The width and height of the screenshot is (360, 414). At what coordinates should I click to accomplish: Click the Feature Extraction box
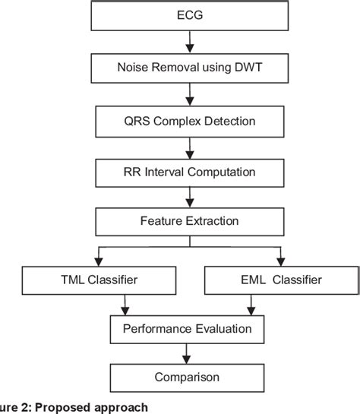coord(189,222)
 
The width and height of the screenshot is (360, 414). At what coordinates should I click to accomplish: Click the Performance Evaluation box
coord(188,329)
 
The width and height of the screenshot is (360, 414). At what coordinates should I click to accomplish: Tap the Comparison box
coord(188,376)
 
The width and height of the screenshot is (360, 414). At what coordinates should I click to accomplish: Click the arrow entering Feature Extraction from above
coord(189,198)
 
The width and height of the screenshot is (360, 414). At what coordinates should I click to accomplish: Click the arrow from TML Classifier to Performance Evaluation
coord(126,305)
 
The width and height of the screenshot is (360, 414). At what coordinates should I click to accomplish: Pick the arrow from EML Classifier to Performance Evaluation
coord(250,305)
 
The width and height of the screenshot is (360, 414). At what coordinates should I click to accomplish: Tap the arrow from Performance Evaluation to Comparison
coord(188,353)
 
